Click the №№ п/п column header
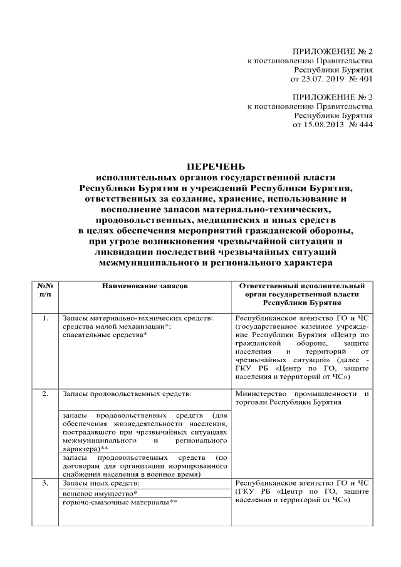tap(44, 289)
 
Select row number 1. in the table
tap(44, 318)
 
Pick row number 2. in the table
tap(44, 394)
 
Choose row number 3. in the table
tap(44, 483)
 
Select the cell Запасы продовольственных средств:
tap(126, 394)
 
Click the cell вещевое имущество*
tap(96, 493)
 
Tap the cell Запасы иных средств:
tap(100, 483)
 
